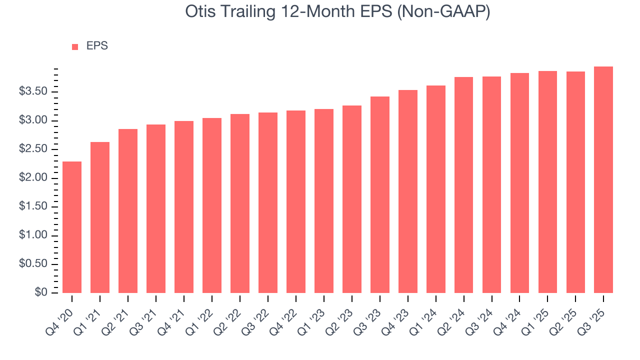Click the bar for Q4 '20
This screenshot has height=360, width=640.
(72, 227)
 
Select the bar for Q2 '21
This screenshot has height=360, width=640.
(128, 210)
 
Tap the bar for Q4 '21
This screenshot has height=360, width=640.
(184, 206)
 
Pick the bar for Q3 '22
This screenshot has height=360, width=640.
(268, 202)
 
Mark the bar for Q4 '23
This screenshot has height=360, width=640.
(407, 191)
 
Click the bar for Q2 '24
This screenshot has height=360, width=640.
(463, 184)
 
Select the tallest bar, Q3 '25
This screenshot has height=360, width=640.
(603, 179)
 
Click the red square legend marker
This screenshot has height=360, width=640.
(75, 46)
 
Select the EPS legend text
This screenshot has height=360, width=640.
(97, 46)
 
